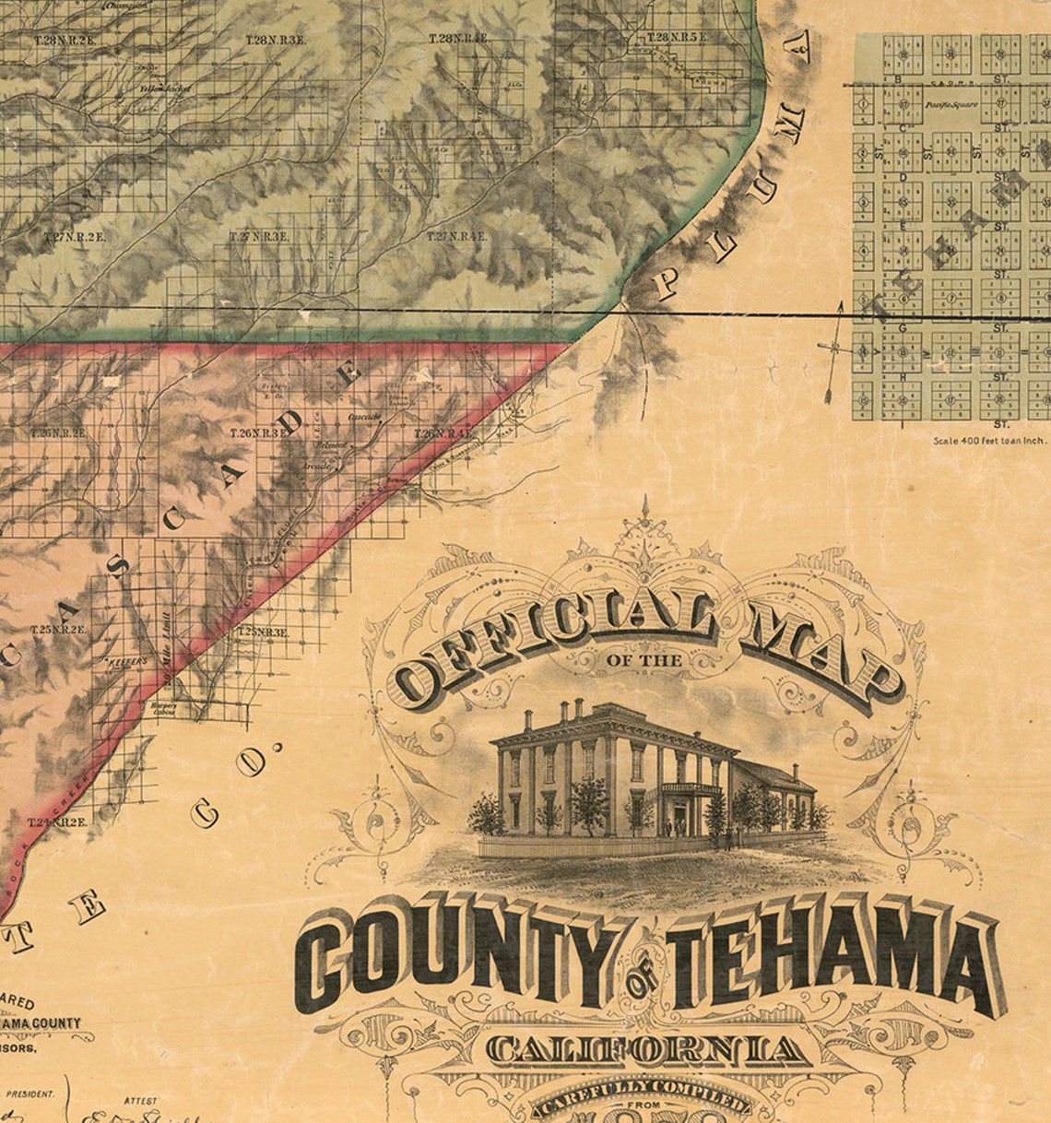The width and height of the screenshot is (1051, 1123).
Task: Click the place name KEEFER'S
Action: point(122,662)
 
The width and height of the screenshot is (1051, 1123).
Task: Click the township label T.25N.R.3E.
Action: point(264,632)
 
